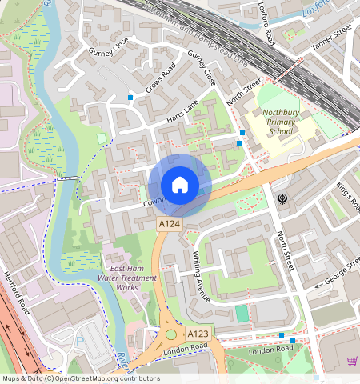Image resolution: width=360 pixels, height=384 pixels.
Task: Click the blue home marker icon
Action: [x=180, y=185]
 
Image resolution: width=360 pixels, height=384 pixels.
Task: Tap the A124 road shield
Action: [x=168, y=226]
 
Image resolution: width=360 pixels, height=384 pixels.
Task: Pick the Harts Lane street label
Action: [x=182, y=111]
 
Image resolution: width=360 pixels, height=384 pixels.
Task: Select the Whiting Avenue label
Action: [x=201, y=277]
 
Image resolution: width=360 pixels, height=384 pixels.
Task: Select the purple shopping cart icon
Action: [x=351, y=361]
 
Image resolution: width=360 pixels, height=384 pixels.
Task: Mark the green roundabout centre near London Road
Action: [x=170, y=335]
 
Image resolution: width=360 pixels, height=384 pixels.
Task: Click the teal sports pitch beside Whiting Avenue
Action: [x=242, y=314]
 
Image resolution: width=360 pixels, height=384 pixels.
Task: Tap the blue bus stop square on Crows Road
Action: [x=130, y=98]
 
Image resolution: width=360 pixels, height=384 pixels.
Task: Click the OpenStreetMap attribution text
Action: [x=80, y=378]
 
